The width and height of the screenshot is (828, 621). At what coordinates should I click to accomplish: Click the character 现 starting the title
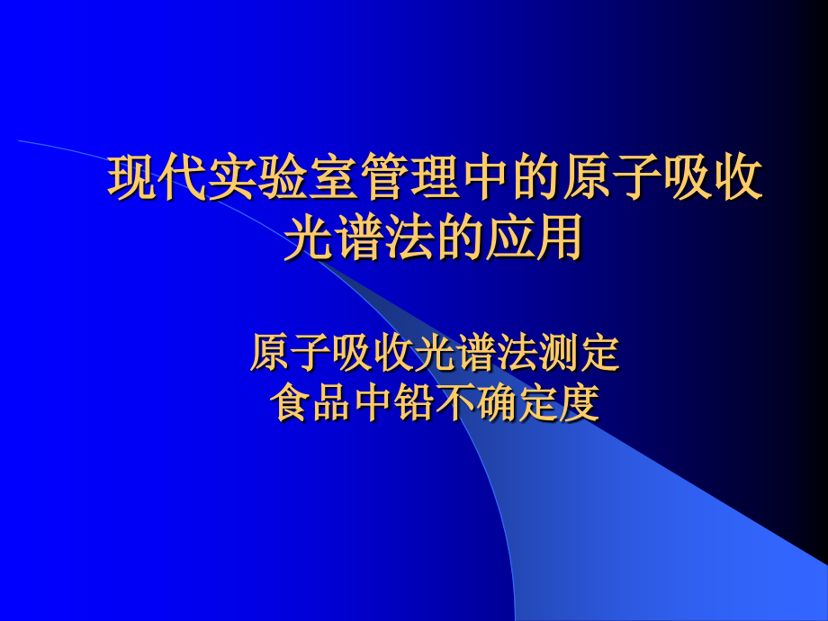[x=131, y=177]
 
